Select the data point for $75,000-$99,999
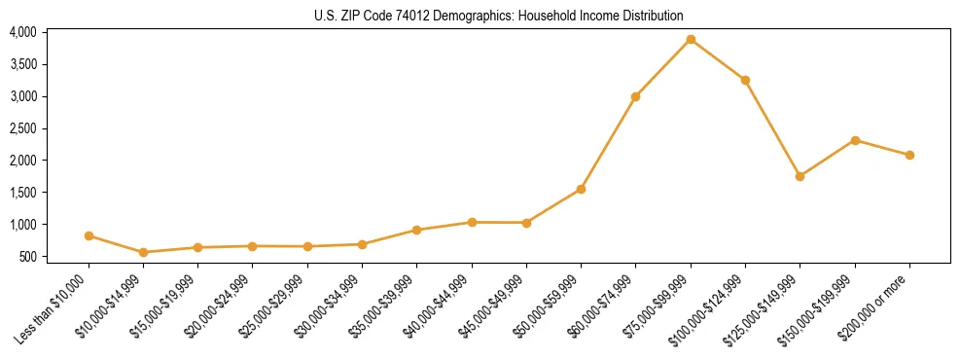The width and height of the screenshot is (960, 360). point(691,39)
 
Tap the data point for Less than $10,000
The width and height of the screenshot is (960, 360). point(89,235)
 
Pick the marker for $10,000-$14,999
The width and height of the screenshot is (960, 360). point(144,252)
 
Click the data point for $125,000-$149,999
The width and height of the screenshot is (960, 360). point(800,176)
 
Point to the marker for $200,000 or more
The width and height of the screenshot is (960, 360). point(909,155)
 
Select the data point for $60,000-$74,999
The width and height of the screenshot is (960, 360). point(635,96)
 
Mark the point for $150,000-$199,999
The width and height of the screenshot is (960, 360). point(855,140)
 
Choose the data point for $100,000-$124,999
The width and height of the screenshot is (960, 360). point(745,80)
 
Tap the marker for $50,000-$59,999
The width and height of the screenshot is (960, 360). point(581,189)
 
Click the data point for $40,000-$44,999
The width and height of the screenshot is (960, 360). point(472,222)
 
